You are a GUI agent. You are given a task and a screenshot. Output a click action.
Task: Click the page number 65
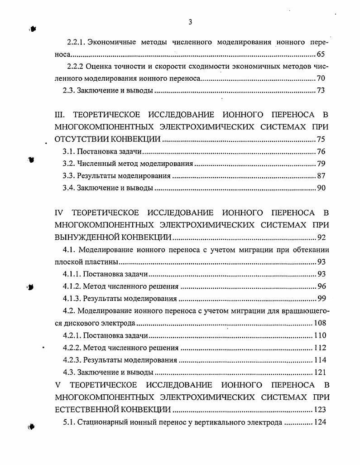point(321,54)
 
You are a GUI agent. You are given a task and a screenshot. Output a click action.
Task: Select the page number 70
point(321,78)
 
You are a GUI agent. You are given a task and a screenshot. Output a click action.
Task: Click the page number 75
point(321,139)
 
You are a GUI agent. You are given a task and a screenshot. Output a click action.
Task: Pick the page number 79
point(321,164)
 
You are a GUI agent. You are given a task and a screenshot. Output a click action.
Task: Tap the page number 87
point(321,176)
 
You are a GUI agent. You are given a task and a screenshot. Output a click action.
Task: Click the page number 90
point(321,188)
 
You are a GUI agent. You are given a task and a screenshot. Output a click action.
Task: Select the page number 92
point(321,237)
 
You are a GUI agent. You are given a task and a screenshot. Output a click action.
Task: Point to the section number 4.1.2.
point(72,286)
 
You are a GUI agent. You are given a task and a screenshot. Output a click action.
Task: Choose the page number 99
point(321,299)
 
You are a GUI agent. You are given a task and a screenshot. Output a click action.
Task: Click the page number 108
point(319,324)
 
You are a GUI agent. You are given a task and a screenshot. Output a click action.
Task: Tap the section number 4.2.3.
point(72,360)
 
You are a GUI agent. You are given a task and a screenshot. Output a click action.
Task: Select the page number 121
point(319,373)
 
